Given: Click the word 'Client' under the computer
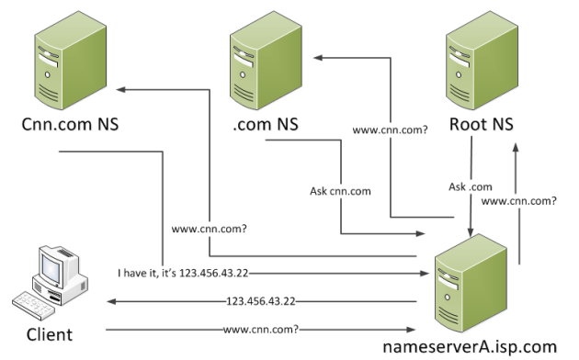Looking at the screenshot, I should [x=47, y=332].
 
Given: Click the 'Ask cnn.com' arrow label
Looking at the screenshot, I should [x=340, y=192].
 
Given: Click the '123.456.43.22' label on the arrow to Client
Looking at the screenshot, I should [x=262, y=300].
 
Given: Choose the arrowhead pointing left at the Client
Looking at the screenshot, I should [x=109, y=300].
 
